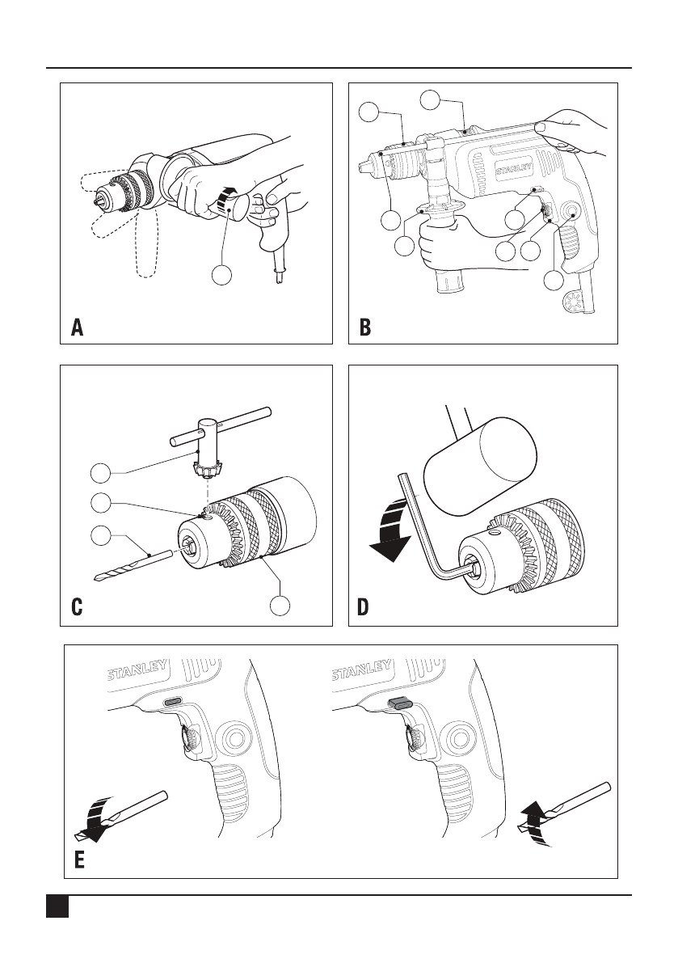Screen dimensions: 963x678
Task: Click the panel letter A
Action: click(78, 327)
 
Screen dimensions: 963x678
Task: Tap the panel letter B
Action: click(365, 327)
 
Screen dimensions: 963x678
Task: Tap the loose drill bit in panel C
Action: click(133, 564)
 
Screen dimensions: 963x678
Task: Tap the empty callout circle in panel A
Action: click(224, 276)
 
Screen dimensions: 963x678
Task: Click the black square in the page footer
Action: click(55, 906)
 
